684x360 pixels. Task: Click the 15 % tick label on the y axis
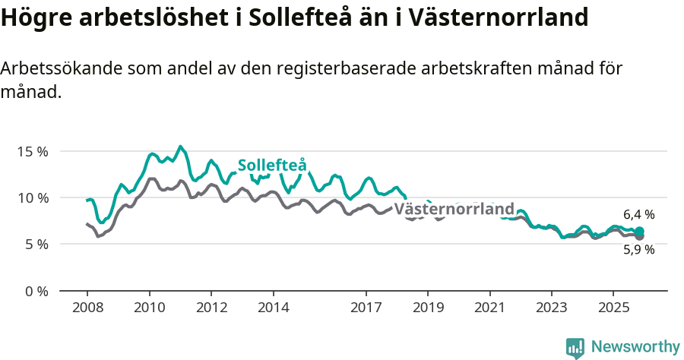(32, 151)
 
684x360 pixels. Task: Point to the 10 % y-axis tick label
(32, 197)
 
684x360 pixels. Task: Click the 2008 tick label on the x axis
(87, 309)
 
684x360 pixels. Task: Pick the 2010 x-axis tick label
(149, 309)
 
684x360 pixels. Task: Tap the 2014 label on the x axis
(273, 309)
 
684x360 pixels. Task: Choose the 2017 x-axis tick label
(366, 309)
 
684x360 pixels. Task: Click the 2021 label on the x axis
(490, 309)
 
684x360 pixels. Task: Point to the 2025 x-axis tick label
(613, 309)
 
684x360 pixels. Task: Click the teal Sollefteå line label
(272, 166)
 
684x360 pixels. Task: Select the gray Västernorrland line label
(454, 209)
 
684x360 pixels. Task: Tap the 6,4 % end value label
(638, 215)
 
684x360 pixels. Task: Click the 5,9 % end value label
(638, 250)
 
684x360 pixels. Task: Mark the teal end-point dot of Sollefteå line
(639, 232)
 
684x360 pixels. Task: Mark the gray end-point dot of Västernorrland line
(639, 237)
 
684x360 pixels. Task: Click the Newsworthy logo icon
(575, 348)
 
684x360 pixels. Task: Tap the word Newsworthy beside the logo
(635, 347)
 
